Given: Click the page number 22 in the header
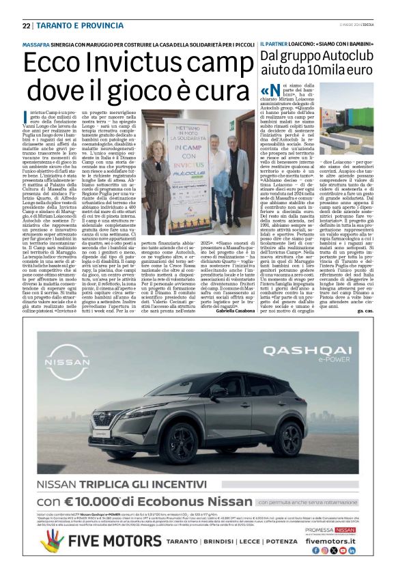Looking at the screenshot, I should [x=26, y=25].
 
